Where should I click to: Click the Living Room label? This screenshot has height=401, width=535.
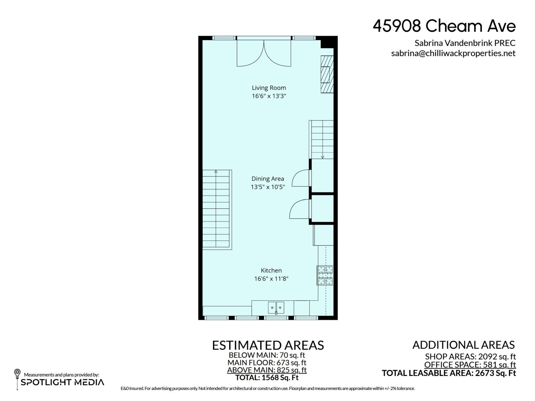tap(269, 88)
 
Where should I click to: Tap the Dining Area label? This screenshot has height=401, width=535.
tap(267, 179)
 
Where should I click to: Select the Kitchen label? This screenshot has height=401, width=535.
tap(271, 270)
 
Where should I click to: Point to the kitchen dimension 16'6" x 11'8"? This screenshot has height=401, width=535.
tap(271, 279)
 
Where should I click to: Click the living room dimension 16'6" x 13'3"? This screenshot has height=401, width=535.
tap(269, 96)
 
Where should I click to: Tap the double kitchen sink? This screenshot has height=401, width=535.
tap(276, 308)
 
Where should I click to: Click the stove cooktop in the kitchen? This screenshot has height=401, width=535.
tap(325, 275)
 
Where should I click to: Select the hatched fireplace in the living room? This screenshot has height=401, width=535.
tap(327, 74)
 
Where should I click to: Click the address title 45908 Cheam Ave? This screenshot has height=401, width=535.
tap(444, 26)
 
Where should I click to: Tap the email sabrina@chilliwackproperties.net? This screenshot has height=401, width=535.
tap(453, 53)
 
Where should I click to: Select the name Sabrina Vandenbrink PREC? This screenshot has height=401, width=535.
tap(465, 43)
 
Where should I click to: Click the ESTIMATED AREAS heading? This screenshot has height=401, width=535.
tap(268, 345)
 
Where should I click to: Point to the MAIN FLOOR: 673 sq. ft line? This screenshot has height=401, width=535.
tap(266, 363)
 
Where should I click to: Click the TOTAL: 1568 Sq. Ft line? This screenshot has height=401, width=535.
tap(266, 378)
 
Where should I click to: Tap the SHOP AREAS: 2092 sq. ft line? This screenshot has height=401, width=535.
tap(470, 357)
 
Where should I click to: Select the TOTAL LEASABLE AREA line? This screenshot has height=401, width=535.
tap(449, 373)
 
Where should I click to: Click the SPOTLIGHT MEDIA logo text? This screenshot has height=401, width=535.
tap(63, 383)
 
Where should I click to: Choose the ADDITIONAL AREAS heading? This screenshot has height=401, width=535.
tap(463, 345)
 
